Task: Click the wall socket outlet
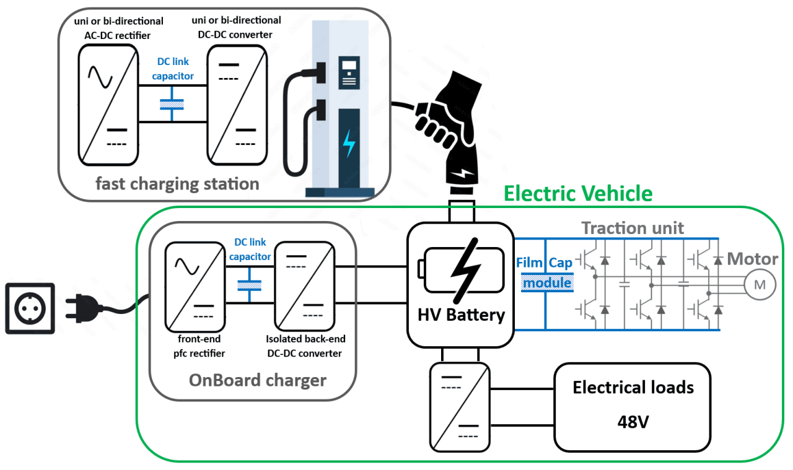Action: pos(30,308)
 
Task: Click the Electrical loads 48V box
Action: pos(633,407)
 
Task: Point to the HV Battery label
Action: pos(460,315)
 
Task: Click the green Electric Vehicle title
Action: pos(577,194)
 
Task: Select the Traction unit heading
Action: pos(633,228)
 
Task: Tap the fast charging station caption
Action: pos(177,184)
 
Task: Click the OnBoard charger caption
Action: pos(258,380)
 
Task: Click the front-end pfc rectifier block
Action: pos(193,286)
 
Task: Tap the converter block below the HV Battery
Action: pos(459,407)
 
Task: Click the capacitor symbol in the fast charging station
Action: pos(172,103)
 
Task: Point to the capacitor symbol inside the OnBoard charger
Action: pos(250,285)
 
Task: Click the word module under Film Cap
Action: pos(546,283)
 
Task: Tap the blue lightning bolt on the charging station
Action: pos(349,143)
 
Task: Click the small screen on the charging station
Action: pos(348,65)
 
